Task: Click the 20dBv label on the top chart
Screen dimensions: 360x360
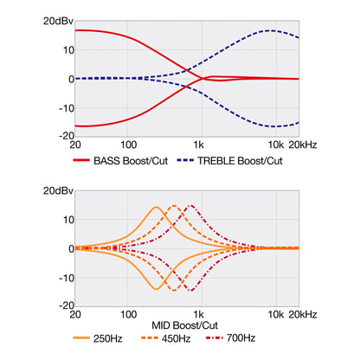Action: [58, 21]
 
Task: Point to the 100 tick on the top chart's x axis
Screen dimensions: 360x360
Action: [128, 145]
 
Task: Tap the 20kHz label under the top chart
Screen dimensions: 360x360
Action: [303, 145]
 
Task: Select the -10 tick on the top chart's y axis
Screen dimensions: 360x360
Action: [67, 109]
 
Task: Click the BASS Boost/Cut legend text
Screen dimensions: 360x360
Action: [131, 161]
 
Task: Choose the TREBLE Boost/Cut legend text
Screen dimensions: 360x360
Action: [240, 161]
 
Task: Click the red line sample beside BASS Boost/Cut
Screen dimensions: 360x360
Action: [81, 160]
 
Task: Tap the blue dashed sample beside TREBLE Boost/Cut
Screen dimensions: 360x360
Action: [185, 160]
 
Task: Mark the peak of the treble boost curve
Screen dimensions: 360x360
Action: [271, 30]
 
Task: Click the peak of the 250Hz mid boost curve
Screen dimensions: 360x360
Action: [156, 207]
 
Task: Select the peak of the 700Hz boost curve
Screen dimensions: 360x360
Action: [191, 205]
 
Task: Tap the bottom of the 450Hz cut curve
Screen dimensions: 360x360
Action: [174, 290]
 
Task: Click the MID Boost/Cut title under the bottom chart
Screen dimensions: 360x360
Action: [184, 325]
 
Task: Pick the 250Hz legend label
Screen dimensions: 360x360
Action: [107, 338]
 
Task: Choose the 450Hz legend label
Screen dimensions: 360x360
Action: [176, 338]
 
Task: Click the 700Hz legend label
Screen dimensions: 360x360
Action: [241, 337]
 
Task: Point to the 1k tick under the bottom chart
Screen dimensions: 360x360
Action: [199, 314]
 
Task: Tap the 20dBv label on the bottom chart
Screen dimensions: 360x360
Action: [58, 190]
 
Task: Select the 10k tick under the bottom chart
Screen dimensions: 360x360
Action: [276, 314]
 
